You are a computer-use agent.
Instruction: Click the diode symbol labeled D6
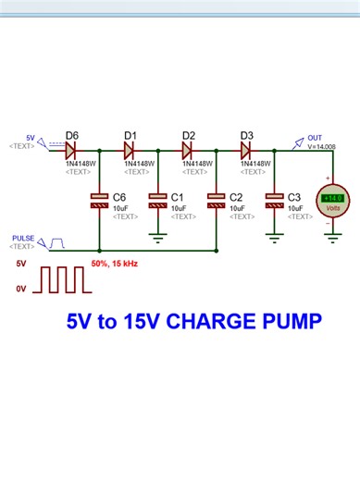[71, 148]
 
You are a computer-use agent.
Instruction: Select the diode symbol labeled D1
[130, 148]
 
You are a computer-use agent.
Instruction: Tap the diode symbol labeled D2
[188, 148]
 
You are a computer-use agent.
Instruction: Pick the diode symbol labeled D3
[246, 148]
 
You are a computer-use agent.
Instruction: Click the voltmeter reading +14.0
[332, 198]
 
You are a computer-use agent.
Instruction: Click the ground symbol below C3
[274, 237]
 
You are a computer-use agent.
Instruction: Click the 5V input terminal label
[30, 137]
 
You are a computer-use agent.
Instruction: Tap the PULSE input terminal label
[23, 239]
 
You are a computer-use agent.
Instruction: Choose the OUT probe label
[316, 137]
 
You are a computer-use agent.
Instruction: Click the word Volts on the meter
[332, 210]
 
